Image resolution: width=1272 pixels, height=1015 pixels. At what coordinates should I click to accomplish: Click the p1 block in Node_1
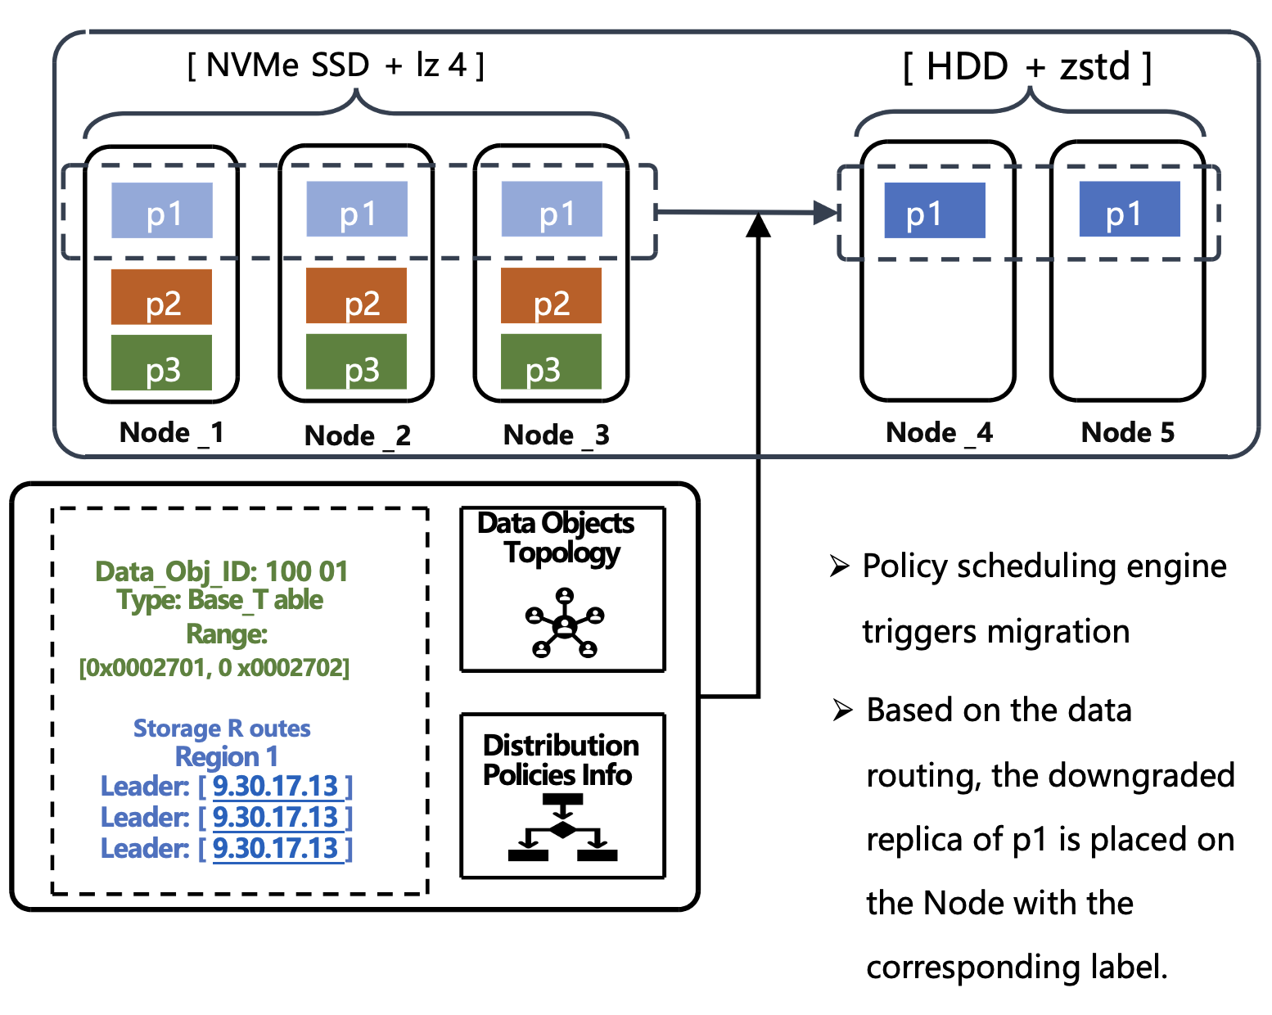[162, 210]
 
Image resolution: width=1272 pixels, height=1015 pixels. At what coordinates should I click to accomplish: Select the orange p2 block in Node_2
[356, 296]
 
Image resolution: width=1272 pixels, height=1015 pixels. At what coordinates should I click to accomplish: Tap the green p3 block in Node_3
[551, 362]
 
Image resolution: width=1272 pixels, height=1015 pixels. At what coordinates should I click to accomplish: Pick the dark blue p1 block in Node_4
[934, 210]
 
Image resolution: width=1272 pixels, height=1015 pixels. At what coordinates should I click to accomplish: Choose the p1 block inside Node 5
[1130, 210]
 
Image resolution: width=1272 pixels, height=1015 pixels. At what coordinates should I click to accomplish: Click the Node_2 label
[357, 435]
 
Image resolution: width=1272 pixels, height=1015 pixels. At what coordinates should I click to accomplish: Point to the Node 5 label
[1127, 432]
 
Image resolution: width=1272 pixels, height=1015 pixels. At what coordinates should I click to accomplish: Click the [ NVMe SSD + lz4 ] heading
[336, 65]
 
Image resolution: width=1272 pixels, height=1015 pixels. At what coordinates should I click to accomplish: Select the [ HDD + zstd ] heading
[1027, 67]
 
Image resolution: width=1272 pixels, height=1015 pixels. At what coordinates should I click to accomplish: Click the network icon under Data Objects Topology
[564, 624]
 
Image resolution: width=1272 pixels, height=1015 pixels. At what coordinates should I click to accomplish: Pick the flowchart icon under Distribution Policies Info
[562, 828]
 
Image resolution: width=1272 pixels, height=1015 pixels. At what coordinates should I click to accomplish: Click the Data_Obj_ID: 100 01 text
[221, 571]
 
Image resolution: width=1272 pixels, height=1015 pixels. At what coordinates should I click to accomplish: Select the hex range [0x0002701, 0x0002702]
[214, 668]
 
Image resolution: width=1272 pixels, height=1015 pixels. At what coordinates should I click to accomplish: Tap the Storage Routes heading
[222, 728]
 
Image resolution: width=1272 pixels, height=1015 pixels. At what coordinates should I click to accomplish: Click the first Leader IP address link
[276, 786]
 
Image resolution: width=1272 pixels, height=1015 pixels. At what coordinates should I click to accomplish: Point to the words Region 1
[226, 756]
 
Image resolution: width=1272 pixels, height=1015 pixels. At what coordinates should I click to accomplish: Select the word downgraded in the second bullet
[1113, 775]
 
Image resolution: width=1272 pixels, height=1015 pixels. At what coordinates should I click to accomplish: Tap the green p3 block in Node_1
[162, 363]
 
